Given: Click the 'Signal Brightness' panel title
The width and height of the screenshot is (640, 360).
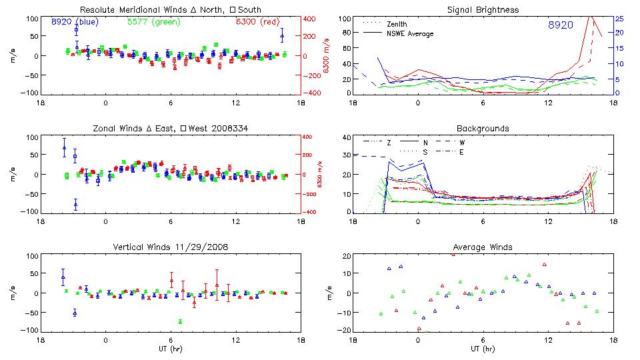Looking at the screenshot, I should point(483,9).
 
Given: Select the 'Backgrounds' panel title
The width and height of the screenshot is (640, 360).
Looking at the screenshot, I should point(483,128).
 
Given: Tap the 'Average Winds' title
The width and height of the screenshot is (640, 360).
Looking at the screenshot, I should point(483,247).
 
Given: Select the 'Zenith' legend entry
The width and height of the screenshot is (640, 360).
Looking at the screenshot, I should point(397,24).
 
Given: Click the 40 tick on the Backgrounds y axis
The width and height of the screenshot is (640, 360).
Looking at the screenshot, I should point(346,138).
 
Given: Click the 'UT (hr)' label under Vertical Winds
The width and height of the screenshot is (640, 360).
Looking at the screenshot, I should point(171,349).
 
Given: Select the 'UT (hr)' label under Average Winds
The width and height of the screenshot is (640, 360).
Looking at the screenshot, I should point(483,349).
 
